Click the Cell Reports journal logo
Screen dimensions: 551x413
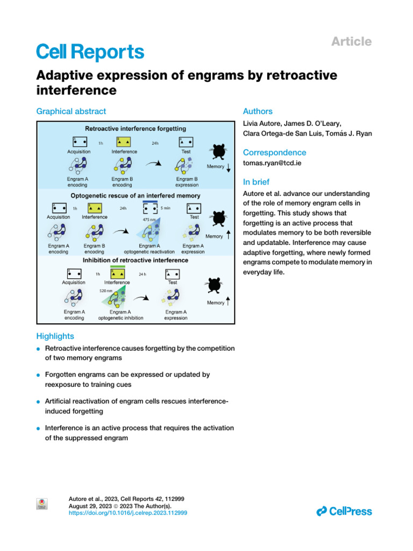coord(90,52)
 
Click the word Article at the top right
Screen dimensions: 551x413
coord(351,41)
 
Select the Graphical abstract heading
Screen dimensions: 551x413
coord(71,111)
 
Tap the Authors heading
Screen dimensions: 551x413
coord(258,111)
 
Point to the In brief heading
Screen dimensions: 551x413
coord(256,182)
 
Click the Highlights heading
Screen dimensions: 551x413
coord(55,336)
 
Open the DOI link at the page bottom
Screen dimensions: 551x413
coord(128,513)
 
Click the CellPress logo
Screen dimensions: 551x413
coord(344,511)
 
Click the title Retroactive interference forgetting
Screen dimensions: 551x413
coord(136,129)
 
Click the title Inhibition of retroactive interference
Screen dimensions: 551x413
coord(136,260)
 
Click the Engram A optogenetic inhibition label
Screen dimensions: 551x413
coord(120,315)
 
